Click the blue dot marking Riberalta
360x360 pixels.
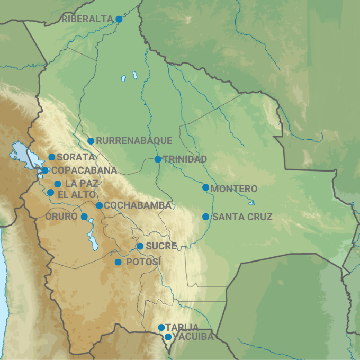[119, 19]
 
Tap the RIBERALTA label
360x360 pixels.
[87, 19]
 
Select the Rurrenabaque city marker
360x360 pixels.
[91, 141]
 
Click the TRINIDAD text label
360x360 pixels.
[185, 159]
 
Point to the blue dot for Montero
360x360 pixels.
[205, 187]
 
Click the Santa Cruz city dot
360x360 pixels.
[205, 217]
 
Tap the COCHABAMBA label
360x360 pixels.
[138, 205]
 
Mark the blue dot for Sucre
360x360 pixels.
[140, 246]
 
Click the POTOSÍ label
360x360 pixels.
[143, 262]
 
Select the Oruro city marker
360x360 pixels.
[84, 217]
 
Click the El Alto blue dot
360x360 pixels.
[50, 193]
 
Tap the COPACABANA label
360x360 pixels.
[84, 170]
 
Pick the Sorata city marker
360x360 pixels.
[52, 157]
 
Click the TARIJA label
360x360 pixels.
[182, 327]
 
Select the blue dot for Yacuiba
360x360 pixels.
[168, 337]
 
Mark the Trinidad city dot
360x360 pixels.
[158, 159]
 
